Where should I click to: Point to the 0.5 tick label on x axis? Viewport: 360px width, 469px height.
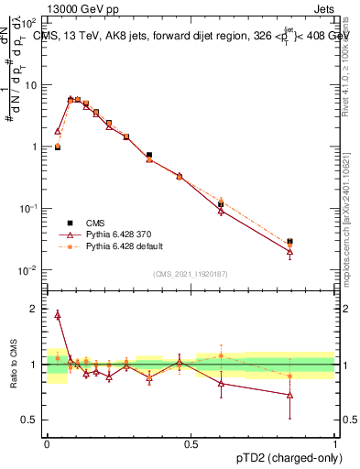191,443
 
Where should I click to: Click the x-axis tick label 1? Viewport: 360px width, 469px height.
335,443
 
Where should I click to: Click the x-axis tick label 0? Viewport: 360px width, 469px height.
47,443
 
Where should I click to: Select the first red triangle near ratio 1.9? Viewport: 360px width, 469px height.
58,315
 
